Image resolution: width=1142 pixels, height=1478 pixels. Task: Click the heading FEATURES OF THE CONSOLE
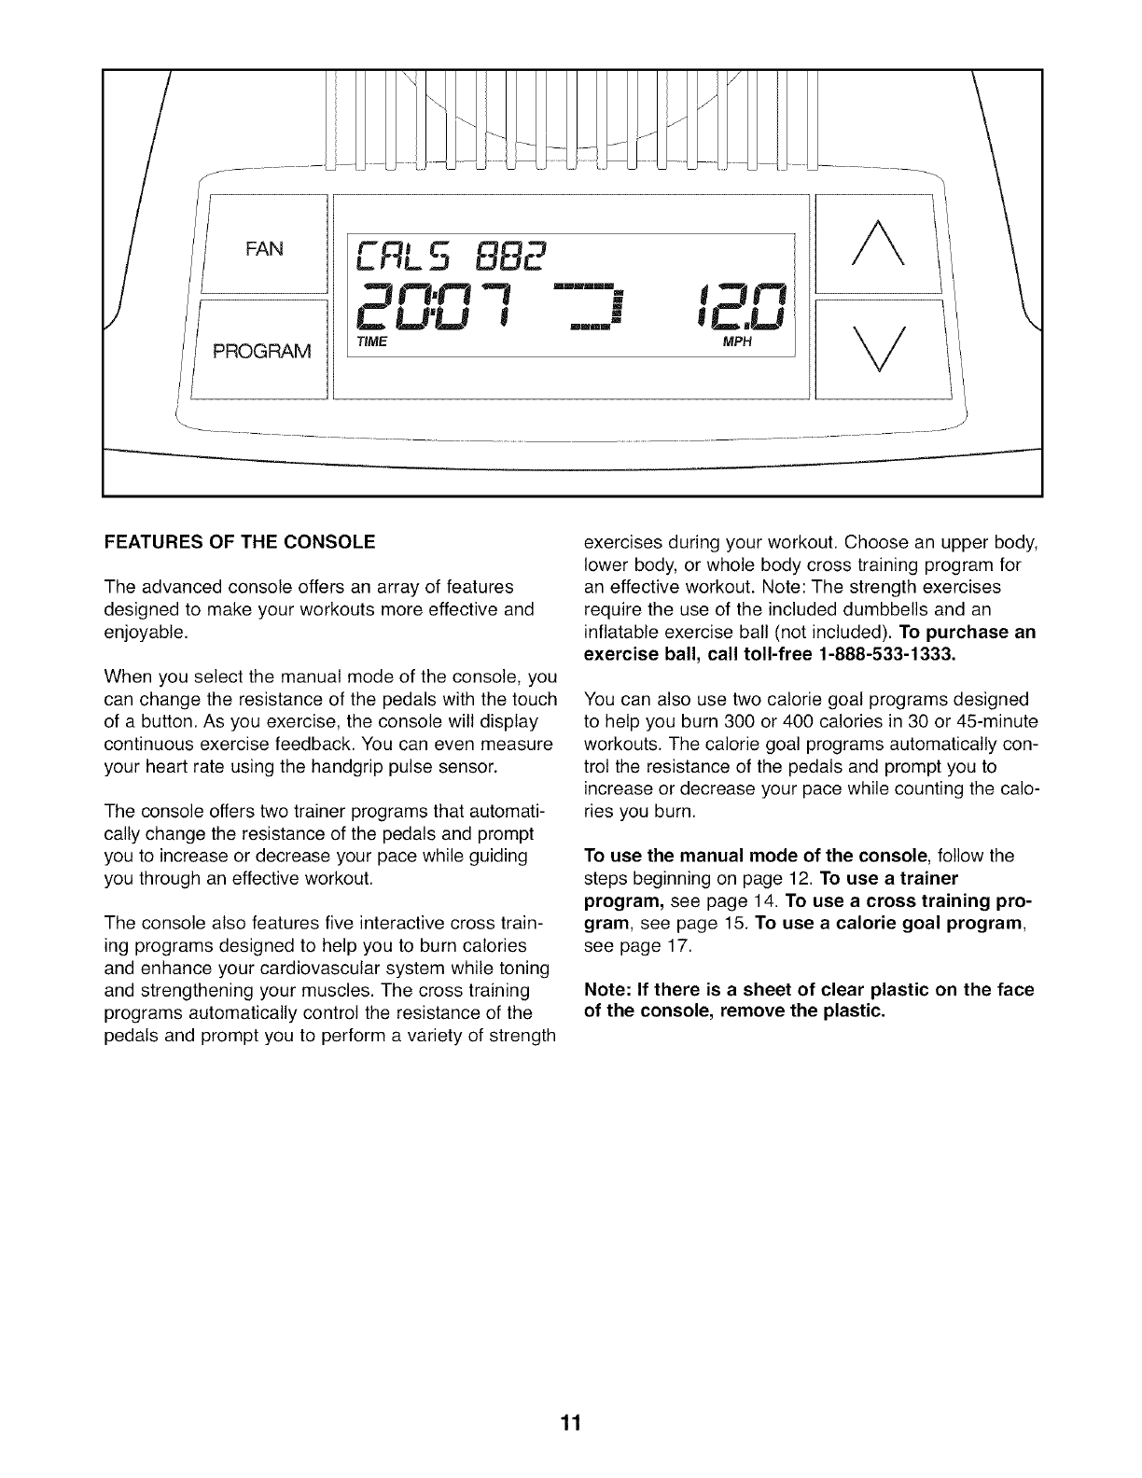240,541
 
